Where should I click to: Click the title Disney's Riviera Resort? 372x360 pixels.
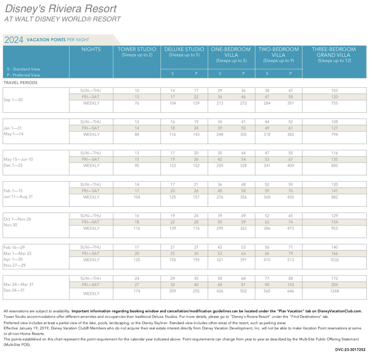(61, 9)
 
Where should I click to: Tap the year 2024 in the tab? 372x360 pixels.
(14, 40)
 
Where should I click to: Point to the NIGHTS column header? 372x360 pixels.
(91, 49)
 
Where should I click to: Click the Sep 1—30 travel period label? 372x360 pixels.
(13, 100)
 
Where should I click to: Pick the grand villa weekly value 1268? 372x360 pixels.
(335, 291)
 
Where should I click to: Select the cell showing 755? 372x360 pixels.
(335, 103)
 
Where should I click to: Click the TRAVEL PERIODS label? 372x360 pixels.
(20, 83)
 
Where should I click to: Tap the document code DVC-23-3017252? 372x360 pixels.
(350, 350)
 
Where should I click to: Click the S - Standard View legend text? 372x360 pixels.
(23, 69)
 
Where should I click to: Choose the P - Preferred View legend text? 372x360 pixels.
(23, 75)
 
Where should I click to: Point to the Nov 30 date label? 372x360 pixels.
(10, 225)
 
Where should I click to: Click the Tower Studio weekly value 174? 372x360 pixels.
(137, 291)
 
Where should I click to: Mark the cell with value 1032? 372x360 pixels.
(335, 260)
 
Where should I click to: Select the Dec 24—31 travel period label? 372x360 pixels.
(14, 290)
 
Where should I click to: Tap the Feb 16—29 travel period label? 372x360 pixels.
(14, 248)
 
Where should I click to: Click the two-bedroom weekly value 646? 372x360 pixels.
(290, 291)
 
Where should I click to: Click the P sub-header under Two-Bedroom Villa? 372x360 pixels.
(290, 73)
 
